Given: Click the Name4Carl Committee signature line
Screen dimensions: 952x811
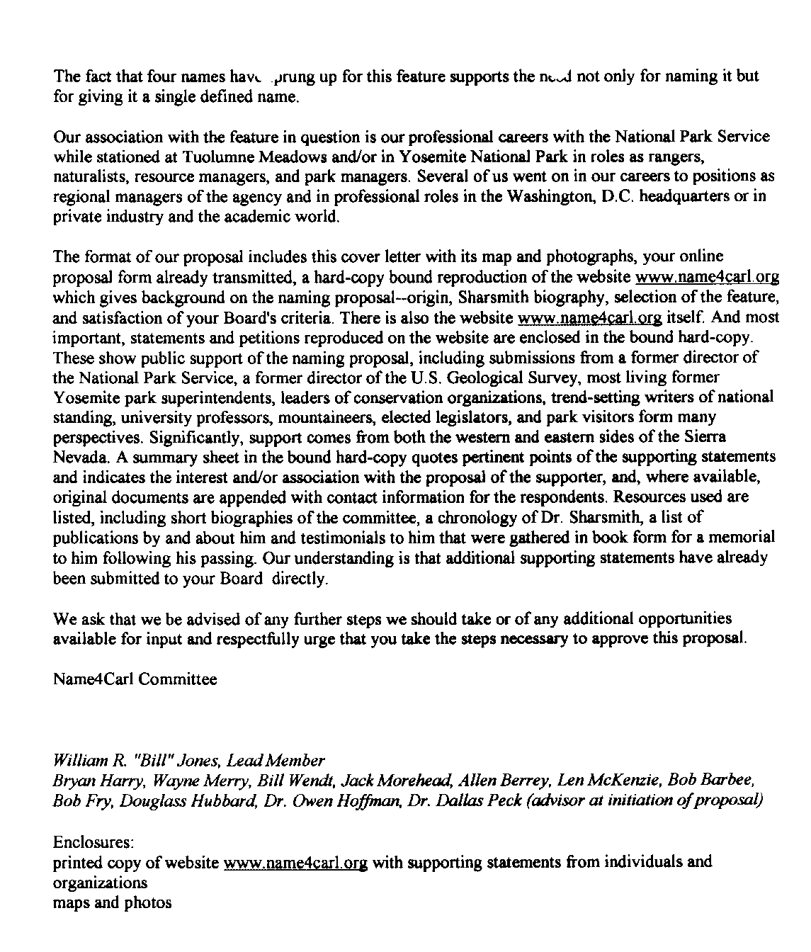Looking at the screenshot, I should click(135, 679).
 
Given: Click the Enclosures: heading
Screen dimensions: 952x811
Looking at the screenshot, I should click(93, 843).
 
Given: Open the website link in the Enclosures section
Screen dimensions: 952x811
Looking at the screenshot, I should click(295, 863).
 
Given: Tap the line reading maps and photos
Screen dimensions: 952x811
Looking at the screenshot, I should click(112, 902).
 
